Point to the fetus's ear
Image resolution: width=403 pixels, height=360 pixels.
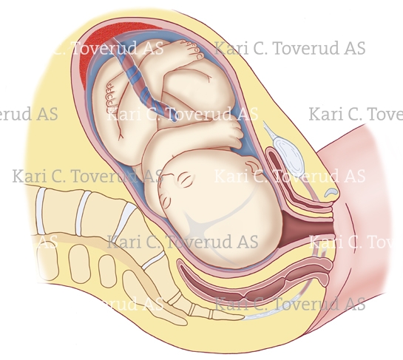[x=252, y=166]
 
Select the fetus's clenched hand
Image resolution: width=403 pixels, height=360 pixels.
[x=234, y=134]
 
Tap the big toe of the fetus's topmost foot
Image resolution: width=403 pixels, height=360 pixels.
[x=198, y=55]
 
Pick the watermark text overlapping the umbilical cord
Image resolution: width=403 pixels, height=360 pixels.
[x=183, y=114]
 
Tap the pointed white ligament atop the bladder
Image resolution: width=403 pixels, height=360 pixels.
[x=269, y=130]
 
